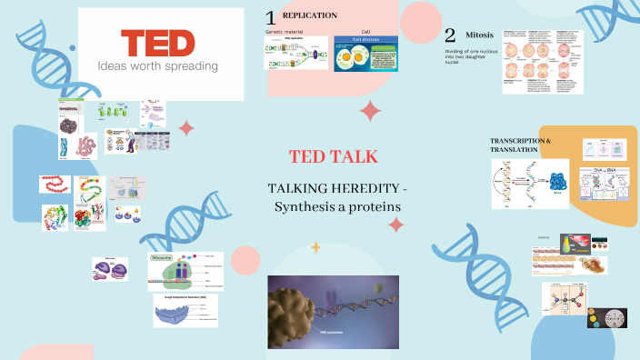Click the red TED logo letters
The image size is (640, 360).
158,43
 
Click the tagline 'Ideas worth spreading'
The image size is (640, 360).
158,66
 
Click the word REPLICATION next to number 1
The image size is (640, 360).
310,15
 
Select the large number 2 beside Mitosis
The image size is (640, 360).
450,36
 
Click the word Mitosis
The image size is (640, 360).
480,35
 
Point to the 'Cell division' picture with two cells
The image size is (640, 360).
365,54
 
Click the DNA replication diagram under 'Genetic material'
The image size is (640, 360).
295,54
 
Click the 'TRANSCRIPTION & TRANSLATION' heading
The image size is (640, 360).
520,145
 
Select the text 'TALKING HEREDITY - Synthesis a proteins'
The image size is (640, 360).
336,197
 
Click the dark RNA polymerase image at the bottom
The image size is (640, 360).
332,312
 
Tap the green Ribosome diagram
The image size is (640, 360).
185,272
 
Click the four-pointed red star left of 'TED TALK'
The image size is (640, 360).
186,127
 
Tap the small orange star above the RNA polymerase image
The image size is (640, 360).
316,246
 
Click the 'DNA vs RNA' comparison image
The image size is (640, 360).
603,184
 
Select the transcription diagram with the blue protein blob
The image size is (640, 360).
531,184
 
